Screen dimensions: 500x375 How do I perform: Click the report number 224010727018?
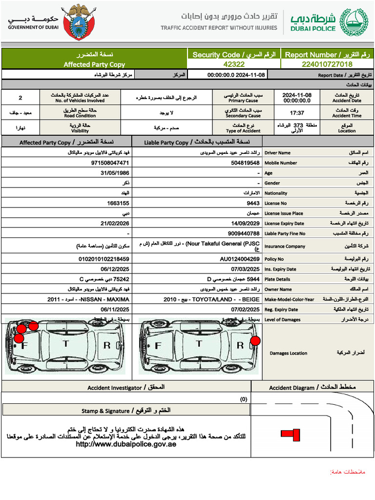coord(327,64)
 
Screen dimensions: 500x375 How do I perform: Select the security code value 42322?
coord(234,64)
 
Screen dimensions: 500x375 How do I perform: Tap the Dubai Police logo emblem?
coord(353,22)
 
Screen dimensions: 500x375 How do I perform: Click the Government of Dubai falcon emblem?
coord(79,22)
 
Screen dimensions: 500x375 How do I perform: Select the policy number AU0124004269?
coord(239,259)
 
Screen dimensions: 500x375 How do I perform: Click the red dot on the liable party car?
coord(255,340)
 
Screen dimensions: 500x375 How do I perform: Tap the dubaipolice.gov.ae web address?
coord(126,444)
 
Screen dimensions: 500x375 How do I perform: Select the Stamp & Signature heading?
coord(126,411)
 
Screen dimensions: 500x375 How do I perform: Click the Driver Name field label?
coord(277,153)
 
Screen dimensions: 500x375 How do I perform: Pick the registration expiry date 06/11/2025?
coord(115,310)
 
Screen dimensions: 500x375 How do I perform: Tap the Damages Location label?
coord(289,353)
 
